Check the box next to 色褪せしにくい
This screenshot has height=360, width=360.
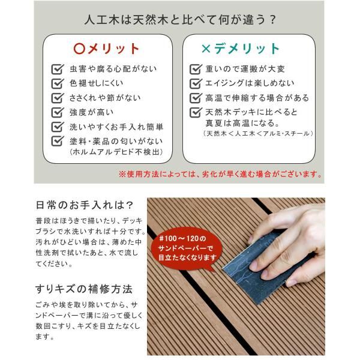click(x=58, y=83)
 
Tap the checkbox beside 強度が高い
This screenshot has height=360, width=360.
click(x=58, y=112)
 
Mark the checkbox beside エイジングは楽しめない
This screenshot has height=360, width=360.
click(x=195, y=83)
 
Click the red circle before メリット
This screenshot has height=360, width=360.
click(x=79, y=49)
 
